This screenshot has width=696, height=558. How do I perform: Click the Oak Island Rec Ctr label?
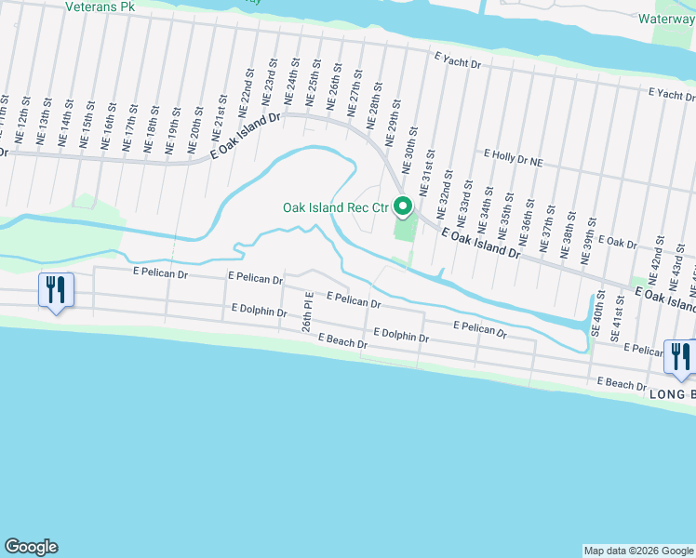point(334,207)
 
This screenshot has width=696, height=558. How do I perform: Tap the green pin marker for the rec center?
point(403,206)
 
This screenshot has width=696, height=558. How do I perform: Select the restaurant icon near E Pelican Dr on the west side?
point(56,290)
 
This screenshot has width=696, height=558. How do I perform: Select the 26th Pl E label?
point(307,313)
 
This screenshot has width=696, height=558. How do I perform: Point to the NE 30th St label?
point(407,151)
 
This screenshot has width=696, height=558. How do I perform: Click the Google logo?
point(31,547)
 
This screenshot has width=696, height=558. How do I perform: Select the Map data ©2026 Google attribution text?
point(638,551)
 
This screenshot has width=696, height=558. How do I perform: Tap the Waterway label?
point(668,18)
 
